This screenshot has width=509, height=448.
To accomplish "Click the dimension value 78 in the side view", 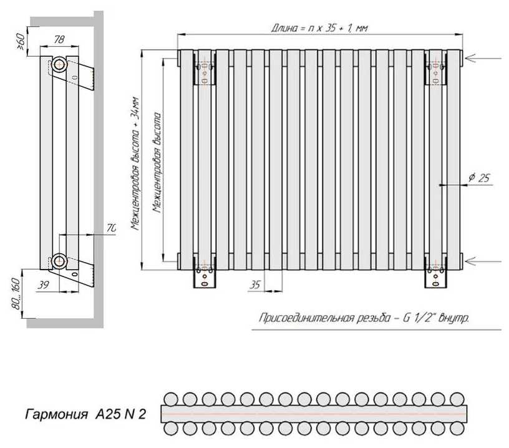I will click(60, 39).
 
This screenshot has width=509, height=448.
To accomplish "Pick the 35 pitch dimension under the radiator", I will click(254, 285).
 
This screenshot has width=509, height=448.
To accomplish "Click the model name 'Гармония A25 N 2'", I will click(85, 414).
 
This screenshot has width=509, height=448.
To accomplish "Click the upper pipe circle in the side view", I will click(59, 64).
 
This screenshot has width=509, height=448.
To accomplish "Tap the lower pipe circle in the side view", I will click(59, 260).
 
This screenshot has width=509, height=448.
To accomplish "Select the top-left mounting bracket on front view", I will click(205, 71).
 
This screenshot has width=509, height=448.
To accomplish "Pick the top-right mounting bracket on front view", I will click(436, 71).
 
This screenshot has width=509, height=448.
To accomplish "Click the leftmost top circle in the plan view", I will click(170, 399).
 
